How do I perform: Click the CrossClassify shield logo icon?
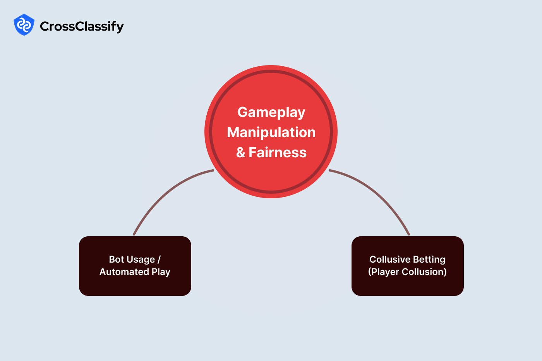(x=24, y=25)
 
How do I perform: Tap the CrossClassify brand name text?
(x=82, y=26)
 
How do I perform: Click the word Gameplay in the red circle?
(x=271, y=112)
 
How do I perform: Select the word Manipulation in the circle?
(x=271, y=132)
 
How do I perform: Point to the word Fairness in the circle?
(x=278, y=152)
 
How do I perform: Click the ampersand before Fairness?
(x=241, y=152)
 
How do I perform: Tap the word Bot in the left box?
(x=116, y=259)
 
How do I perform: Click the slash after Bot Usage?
(x=159, y=259)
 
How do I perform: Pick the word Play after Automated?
(x=161, y=272)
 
